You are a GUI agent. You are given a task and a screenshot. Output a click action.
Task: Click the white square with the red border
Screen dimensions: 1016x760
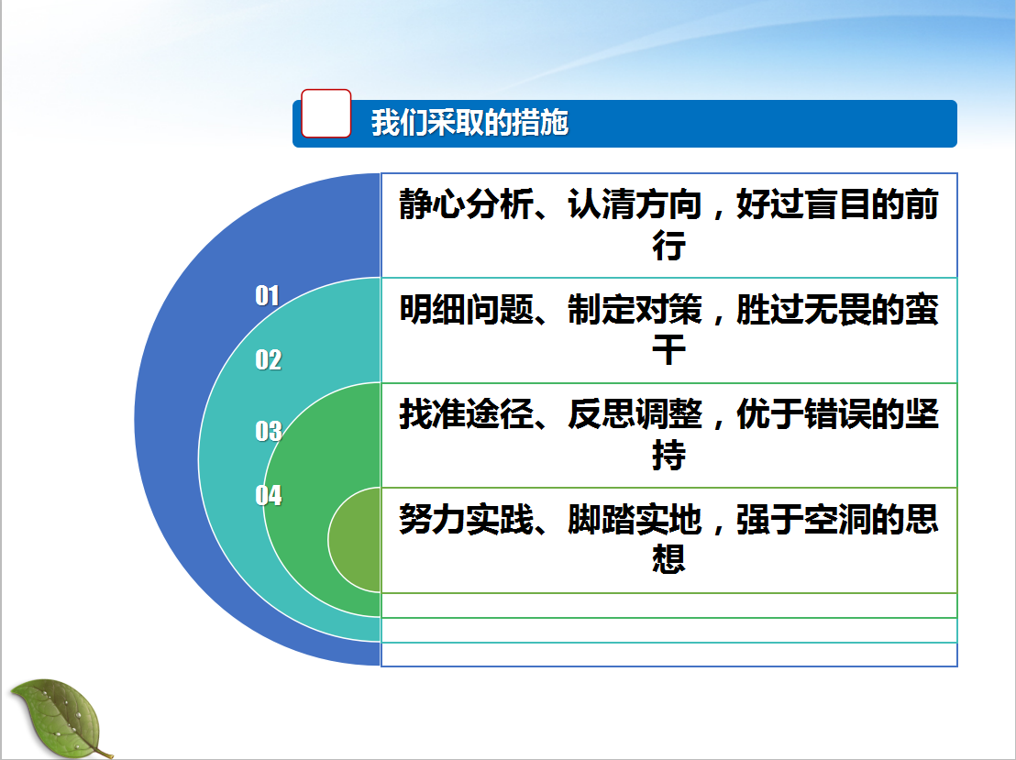pyautogui.click(x=326, y=114)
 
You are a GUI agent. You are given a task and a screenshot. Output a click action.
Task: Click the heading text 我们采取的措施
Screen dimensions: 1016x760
pyautogui.click(x=469, y=123)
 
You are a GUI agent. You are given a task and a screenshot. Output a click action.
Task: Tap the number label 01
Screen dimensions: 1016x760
pyautogui.click(x=267, y=295)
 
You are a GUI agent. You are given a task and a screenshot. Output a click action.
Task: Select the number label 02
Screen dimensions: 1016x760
pyautogui.click(x=269, y=359)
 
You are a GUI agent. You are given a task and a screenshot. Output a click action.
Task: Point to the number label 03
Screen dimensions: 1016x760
pyautogui.click(x=269, y=431)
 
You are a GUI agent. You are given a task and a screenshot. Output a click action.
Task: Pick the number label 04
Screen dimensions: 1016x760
pyautogui.click(x=269, y=495)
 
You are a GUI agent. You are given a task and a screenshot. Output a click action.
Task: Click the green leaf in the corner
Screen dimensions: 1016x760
pyautogui.click(x=61, y=718)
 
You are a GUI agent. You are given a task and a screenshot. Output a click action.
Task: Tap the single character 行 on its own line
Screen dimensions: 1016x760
pyautogui.click(x=668, y=245)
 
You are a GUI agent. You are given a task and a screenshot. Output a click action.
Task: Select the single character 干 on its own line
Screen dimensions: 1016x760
pyautogui.click(x=668, y=350)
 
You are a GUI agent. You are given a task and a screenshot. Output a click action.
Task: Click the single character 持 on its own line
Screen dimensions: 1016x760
pyautogui.click(x=668, y=455)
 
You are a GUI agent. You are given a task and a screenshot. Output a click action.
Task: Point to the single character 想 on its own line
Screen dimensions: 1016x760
pyautogui.click(x=668, y=559)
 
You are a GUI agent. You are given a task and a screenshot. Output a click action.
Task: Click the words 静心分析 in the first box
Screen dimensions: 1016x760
pyautogui.click(x=467, y=204)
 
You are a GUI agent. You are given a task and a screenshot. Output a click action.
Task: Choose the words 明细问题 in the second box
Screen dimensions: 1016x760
pyautogui.click(x=467, y=309)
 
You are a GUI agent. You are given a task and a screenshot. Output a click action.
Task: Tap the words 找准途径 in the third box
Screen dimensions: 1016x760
pyautogui.click(x=467, y=414)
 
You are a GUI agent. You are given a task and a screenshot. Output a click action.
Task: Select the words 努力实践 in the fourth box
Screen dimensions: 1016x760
pyautogui.click(x=467, y=519)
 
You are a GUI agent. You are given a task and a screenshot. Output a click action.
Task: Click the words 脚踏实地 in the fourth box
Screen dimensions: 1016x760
pyautogui.click(x=635, y=519)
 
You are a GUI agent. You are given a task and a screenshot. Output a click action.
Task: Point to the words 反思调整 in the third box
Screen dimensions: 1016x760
pyautogui.click(x=635, y=414)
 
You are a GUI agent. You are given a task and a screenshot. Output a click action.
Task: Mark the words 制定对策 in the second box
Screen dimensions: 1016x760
pyautogui.click(x=635, y=309)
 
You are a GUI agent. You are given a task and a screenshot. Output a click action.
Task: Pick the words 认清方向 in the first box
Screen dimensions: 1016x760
pyautogui.click(x=635, y=204)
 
